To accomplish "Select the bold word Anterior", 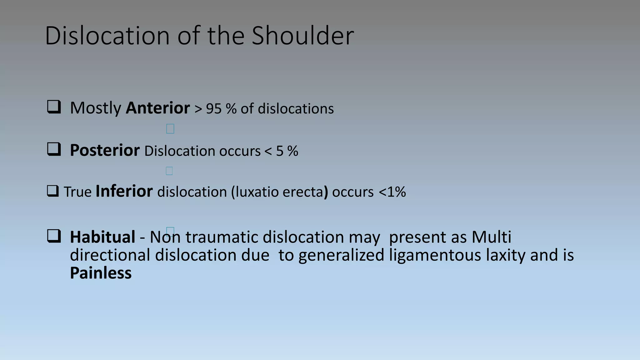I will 158,108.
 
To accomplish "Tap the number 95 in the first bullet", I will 214,109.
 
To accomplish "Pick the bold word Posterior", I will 105,150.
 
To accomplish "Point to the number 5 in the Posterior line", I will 280,151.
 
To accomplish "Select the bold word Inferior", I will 124,191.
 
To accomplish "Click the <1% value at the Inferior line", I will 392,192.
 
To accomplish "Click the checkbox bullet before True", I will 53,191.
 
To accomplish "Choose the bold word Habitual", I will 102,237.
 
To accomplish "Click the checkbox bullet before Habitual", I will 54,236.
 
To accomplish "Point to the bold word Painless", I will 101,273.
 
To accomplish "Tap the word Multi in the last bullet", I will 491,237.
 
